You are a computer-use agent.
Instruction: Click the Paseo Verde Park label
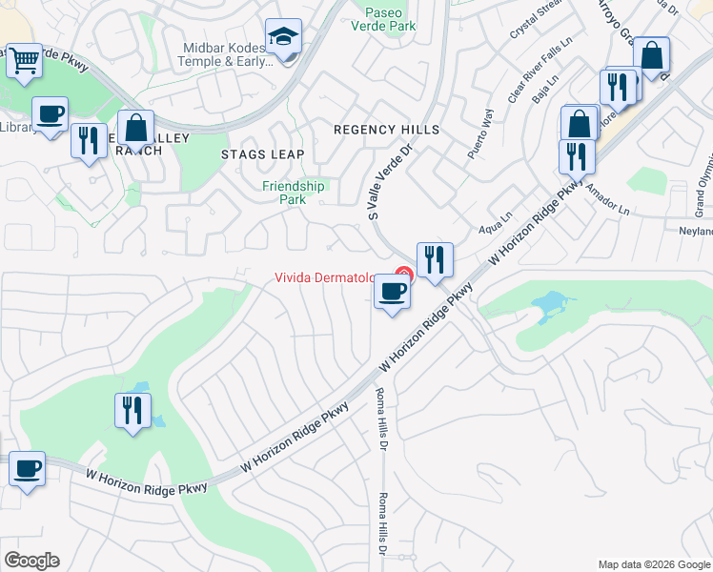click(391, 19)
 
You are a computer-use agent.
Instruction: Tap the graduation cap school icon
click(283, 38)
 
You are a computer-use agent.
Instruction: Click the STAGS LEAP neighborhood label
click(263, 154)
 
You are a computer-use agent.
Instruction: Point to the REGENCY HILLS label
click(386, 130)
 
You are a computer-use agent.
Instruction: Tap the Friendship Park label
click(294, 193)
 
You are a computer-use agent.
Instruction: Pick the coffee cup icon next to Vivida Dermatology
click(392, 292)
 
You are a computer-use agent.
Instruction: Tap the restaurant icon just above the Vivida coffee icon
click(435, 259)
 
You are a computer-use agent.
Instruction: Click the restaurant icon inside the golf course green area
click(132, 411)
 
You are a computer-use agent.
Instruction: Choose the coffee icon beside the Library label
click(50, 114)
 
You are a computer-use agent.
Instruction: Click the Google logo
click(31, 561)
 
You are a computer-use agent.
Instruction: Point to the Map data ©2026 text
click(653, 564)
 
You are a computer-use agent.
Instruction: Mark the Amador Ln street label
click(609, 199)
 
